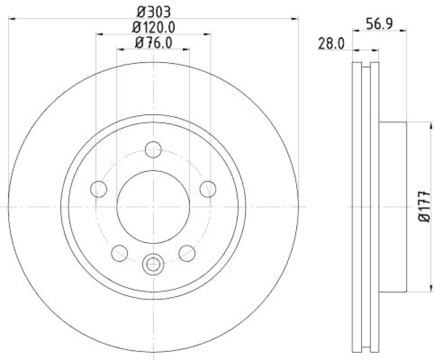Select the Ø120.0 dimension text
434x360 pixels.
point(153,27)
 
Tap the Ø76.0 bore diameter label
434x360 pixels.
point(153,43)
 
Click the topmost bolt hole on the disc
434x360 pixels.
point(154,149)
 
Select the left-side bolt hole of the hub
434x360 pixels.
point(98,189)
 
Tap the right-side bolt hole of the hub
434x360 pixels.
point(208,189)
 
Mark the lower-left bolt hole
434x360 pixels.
point(119,252)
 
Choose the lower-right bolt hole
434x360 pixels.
point(187,252)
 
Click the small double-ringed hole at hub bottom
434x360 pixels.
point(153,264)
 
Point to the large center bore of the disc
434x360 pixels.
point(154,207)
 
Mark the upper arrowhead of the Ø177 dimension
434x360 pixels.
point(418,125)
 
